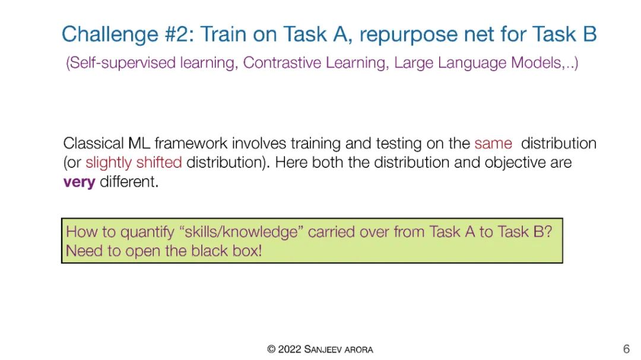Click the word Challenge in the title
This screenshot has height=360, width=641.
pos(110,35)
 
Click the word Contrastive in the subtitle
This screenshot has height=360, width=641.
pos(281,63)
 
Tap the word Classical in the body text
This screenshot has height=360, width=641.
pos(93,144)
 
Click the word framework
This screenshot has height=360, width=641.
pos(191,144)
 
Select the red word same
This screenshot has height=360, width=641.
pos(493,144)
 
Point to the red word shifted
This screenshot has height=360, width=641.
pos(159,163)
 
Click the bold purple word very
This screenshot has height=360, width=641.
pos(80,182)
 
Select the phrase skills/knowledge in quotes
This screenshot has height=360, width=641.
pos(241,232)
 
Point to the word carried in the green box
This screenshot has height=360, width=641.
pos(331,232)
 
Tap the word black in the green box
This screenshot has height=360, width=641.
pos(210,250)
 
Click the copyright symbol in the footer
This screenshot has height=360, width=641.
pos(271,349)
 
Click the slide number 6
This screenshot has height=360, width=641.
pos(626,349)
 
